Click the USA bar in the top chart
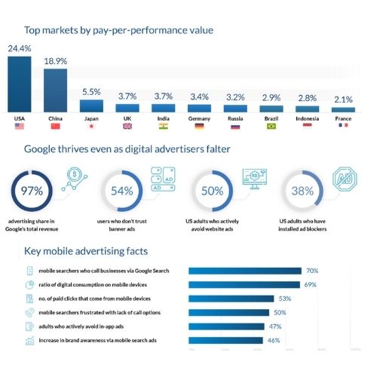click(x=20, y=84)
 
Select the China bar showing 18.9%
click(x=55, y=90)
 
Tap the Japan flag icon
click(x=92, y=126)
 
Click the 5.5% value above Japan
click(x=91, y=92)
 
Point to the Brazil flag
click(x=271, y=126)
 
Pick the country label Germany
click(x=199, y=118)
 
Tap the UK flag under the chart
click(x=127, y=126)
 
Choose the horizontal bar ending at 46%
click(x=225, y=340)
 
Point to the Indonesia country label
click(x=307, y=118)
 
